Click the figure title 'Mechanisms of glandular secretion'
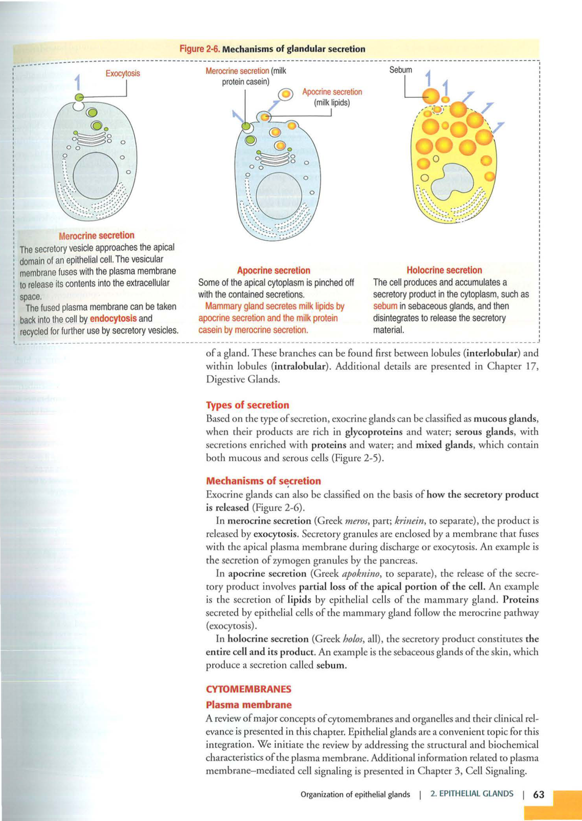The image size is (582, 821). click(x=293, y=49)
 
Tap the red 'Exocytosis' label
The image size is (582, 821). click(x=123, y=73)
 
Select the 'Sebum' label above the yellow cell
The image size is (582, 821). click(x=401, y=70)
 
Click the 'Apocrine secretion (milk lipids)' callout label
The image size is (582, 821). click(x=332, y=97)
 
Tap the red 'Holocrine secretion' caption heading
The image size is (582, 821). click(x=444, y=270)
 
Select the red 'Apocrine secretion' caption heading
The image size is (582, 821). click(x=273, y=271)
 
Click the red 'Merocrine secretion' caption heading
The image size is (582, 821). click(x=97, y=235)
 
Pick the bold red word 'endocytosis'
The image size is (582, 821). click(x=113, y=318)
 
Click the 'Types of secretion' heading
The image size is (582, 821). click(x=247, y=405)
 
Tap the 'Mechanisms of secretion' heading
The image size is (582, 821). click(x=264, y=481)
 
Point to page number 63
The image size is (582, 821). click(x=539, y=794)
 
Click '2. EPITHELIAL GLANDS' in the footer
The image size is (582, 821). click(x=472, y=794)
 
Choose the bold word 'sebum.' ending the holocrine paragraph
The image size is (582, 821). click(x=332, y=665)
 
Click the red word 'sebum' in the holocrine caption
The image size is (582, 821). click(x=385, y=306)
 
